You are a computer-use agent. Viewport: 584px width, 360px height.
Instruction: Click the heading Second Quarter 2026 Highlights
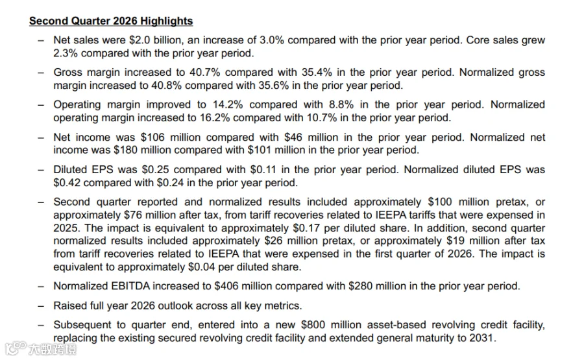pos(111,21)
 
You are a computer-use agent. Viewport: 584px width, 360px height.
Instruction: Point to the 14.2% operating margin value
pos(228,104)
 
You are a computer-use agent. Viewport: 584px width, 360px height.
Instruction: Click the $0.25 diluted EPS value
pos(155,170)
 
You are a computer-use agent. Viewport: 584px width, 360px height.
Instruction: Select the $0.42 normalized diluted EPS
pos(67,183)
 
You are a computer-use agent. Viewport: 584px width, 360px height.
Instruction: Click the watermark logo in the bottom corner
pos(40,349)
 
